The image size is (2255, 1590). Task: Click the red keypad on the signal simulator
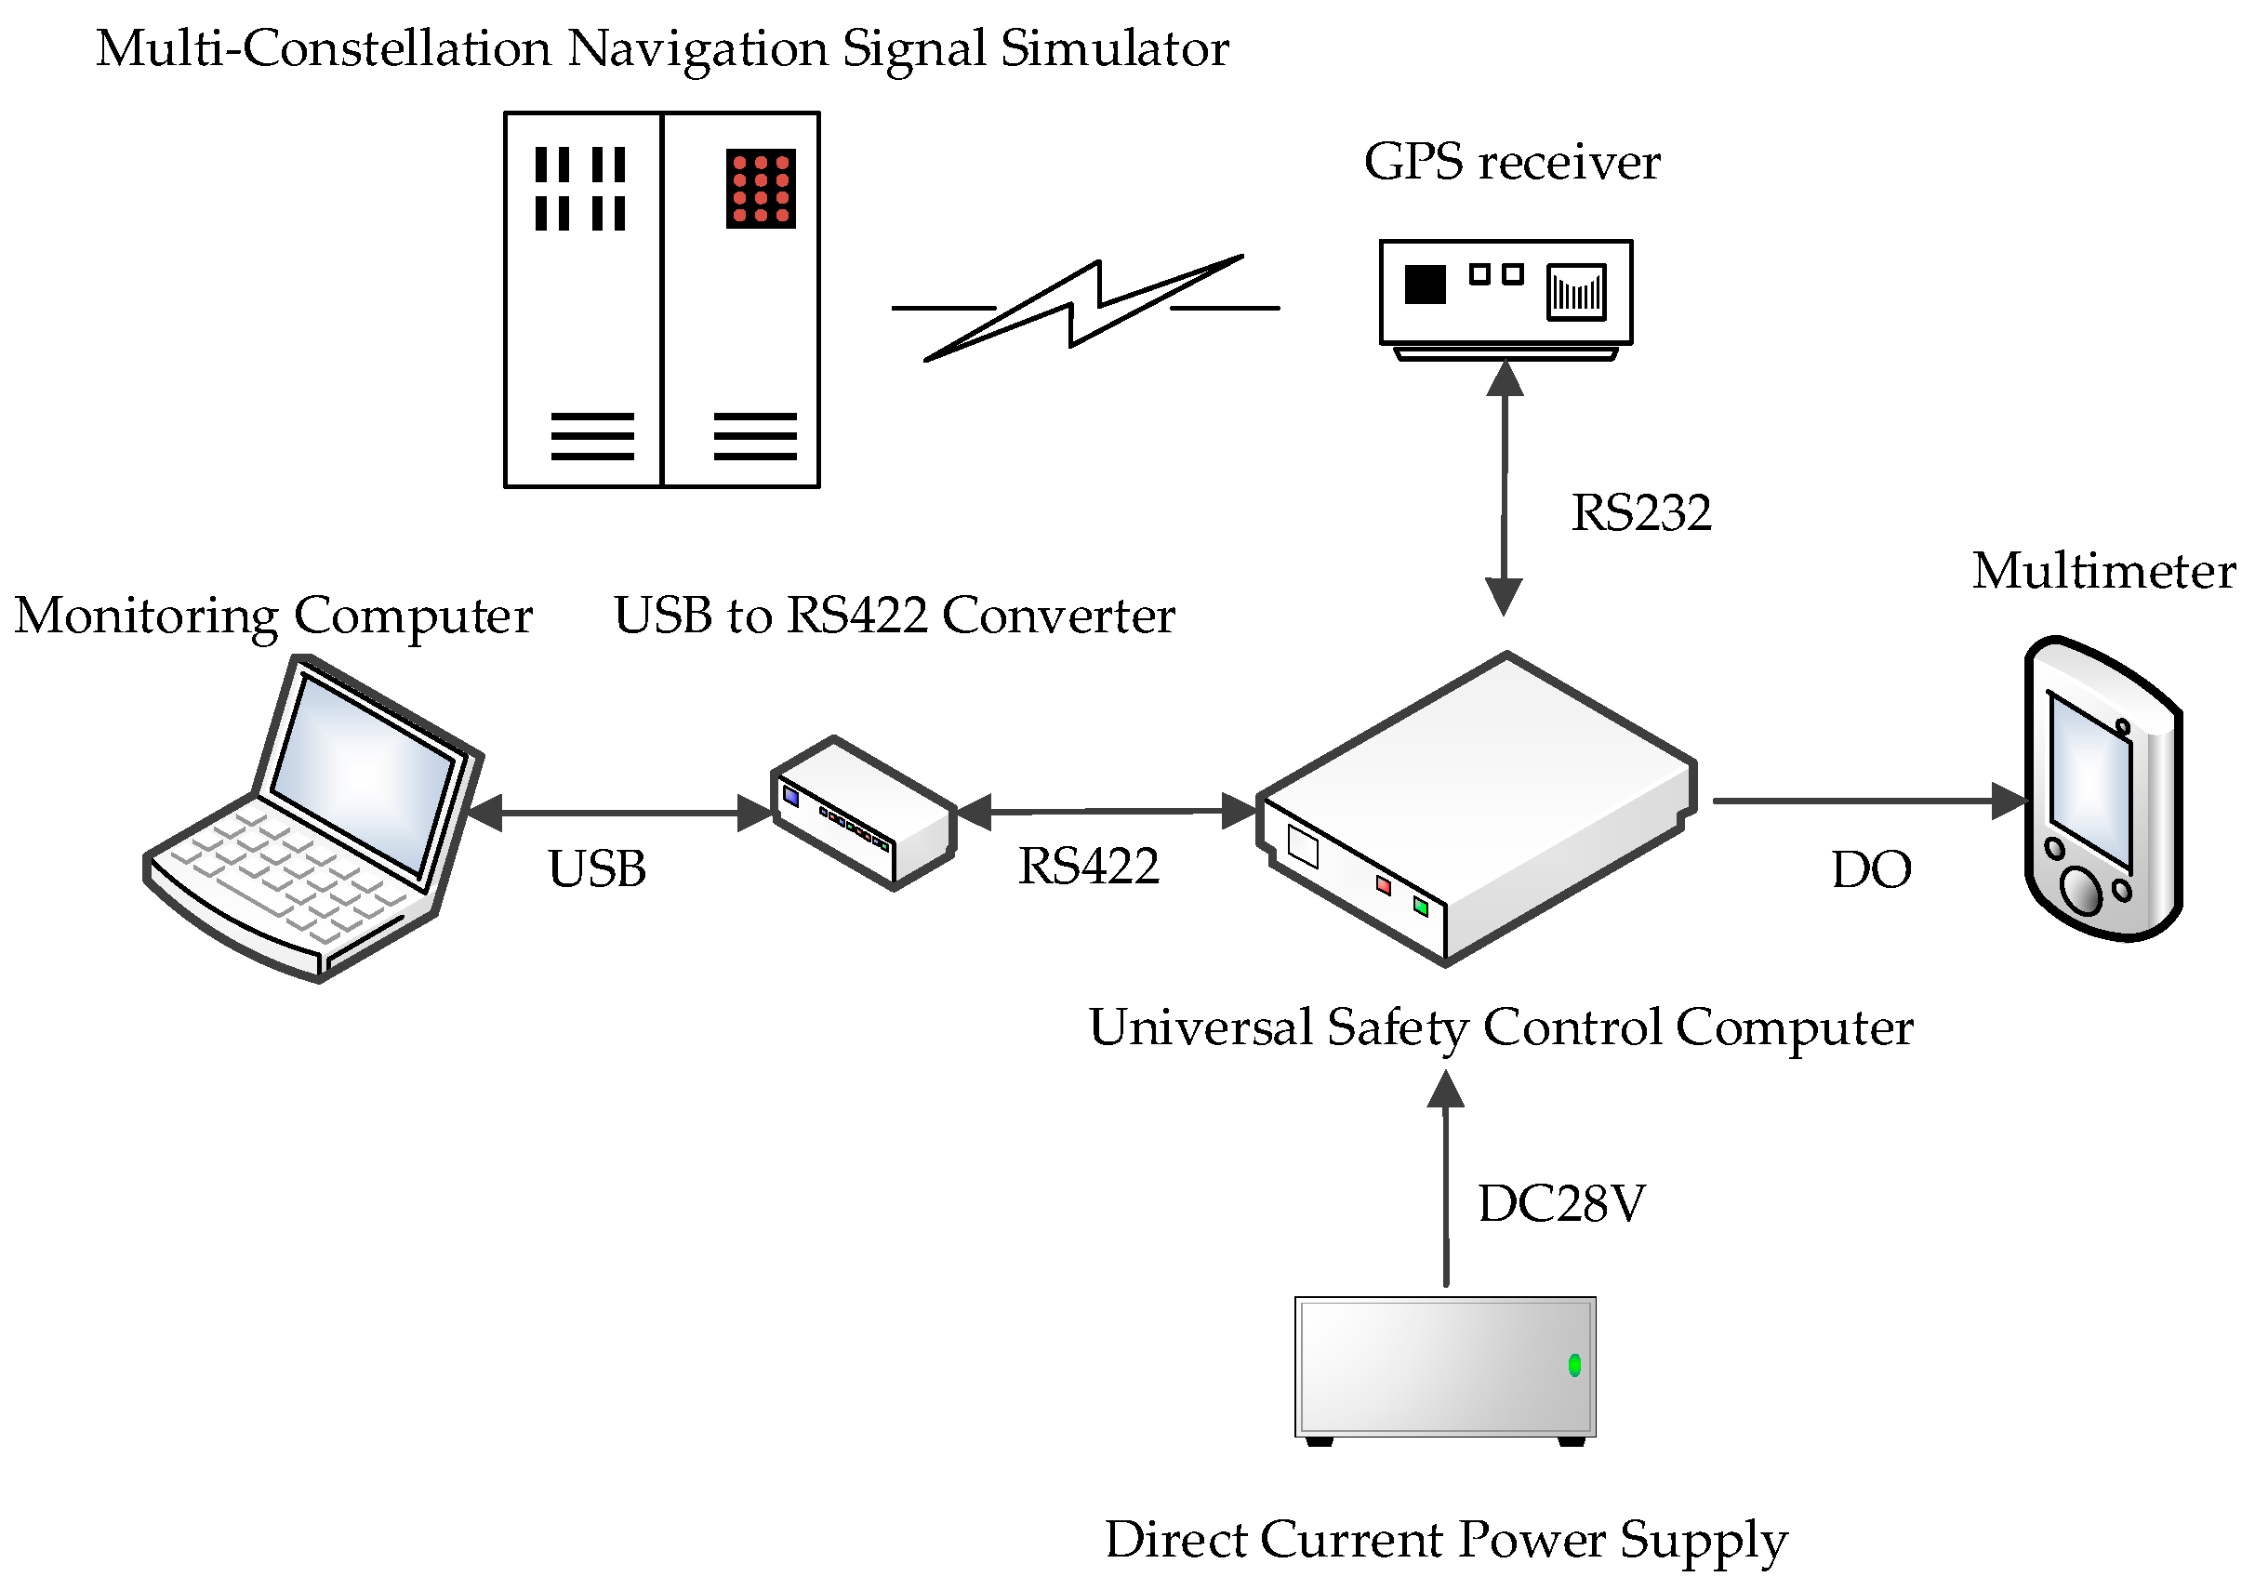pyautogui.click(x=760, y=189)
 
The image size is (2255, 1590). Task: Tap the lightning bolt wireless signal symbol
pyautogui.click(x=1084, y=307)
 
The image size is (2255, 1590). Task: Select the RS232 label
pyautogui.click(x=1640, y=512)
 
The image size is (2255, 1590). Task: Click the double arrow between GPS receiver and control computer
pyautogui.click(x=1504, y=488)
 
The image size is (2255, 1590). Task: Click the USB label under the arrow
pyautogui.click(x=596, y=869)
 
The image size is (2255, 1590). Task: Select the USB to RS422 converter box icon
pyautogui.click(x=863, y=814)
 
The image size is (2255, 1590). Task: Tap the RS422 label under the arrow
pyautogui.click(x=1088, y=867)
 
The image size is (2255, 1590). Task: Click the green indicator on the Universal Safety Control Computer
pyautogui.click(x=1420, y=906)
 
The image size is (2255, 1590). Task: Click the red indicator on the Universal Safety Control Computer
pyautogui.click(x=1383, y=886)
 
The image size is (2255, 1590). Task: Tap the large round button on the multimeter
pyautogui.click(x=2080, y=890)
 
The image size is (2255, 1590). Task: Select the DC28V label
pyautogui.click(x=1560, y=1204)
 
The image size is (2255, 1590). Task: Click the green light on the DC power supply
pyautogui.click(x=1574, y=1365)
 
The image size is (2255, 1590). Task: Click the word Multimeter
pyautogui.click(x=2102, y=572)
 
